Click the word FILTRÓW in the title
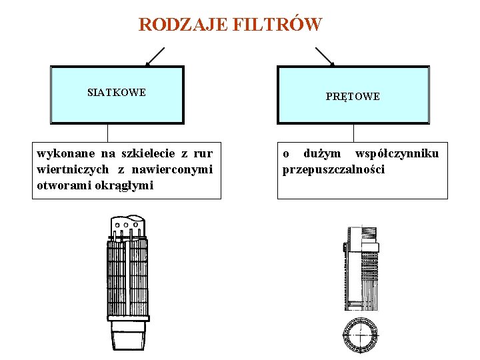pyautogui.click(x=278, y=25)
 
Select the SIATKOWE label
pyautogui.click(x=117, y=93)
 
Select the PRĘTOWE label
pyautogui.click(x=353, y=97)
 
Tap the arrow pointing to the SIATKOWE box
pyautogui.click(x=155, y=57)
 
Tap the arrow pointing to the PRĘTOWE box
pyautogui.click(x=325, y=57)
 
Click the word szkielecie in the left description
pyautogui.click(x=147, y=154)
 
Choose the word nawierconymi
pyautogui.click(x=176, y=169)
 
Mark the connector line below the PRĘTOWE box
pyautogui.click(x=353, y=133)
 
